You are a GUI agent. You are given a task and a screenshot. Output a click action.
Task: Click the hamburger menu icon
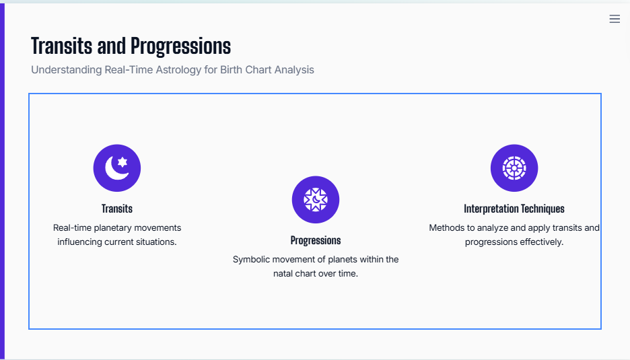615,19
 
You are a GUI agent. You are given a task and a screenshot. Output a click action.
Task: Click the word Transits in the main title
62,46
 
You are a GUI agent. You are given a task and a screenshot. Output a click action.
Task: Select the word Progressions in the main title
181,46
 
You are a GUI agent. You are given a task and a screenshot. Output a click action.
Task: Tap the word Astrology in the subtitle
178,70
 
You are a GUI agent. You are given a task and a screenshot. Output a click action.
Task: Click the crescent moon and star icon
117,168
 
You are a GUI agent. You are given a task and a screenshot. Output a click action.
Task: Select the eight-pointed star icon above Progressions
316,200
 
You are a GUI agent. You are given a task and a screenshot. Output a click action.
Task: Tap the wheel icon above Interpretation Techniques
514,168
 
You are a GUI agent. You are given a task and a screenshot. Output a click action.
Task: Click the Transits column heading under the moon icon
117,209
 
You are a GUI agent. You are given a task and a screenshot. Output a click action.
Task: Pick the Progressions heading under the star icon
316,240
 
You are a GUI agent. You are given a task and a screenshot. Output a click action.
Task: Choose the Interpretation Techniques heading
514,209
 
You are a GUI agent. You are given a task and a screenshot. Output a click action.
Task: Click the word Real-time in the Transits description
72,228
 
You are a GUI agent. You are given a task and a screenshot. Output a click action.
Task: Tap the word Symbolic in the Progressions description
252,260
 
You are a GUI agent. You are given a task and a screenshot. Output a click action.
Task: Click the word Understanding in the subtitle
66,70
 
